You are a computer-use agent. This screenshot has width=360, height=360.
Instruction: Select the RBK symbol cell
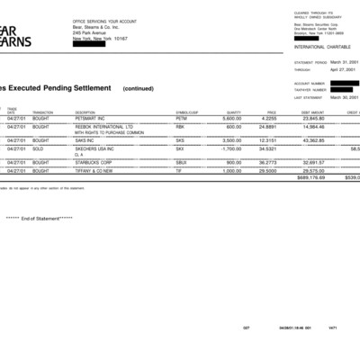[x=180, y=127]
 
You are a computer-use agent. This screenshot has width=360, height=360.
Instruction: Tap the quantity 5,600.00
[x=231, y=118]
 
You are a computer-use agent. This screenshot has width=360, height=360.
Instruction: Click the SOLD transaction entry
[x=40, y=148]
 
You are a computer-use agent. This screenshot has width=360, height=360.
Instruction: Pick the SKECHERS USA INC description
[x=98, y=148]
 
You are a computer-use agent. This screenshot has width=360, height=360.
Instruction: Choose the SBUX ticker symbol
[x=181, y=162]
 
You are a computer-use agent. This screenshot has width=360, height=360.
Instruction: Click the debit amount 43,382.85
[x=313, y=140]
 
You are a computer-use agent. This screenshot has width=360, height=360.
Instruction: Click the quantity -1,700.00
[x=230, y=148]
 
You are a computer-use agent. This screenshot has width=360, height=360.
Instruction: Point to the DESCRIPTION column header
[x=85, y=112]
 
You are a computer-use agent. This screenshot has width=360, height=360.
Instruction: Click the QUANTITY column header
[x=233, y=112]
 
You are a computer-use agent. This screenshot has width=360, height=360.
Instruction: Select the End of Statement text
[x=40, y=219]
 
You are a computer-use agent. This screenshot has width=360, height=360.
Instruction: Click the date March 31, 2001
[x=345, y=63]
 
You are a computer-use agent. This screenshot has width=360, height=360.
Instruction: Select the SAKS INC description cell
[x=86, y=140]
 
